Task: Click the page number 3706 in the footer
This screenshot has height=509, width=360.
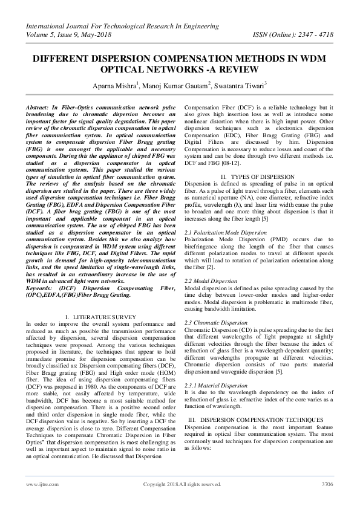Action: tap(327, 484)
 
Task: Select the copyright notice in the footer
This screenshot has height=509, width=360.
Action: tap(182, 484)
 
